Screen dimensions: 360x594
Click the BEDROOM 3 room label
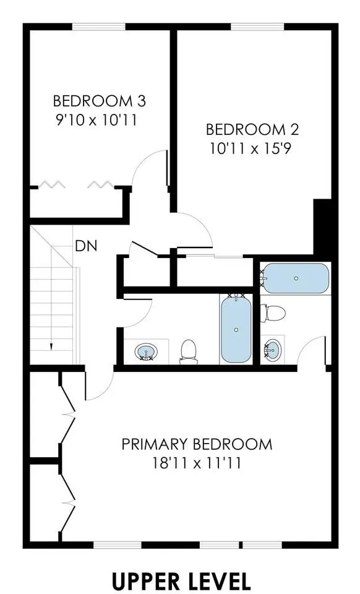[x=99, y=101]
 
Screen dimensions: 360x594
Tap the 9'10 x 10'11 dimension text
[x=96, y=121]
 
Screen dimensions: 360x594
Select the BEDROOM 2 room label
[x=252, y=129]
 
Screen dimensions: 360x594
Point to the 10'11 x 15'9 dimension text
[x=251, y=149]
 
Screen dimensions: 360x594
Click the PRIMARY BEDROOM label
[x=197, y=444]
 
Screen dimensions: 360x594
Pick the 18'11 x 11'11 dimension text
[x=197, y=463]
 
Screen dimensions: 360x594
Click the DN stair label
[x=87, y=246]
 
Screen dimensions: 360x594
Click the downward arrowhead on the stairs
[x=51, y=346]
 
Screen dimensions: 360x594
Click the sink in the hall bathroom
[x=146, y=351]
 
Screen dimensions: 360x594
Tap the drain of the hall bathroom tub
[x=236, y=330]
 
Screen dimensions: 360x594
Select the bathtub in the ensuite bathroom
[x=296, y=278]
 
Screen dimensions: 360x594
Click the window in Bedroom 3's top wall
[x=99, y=26]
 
